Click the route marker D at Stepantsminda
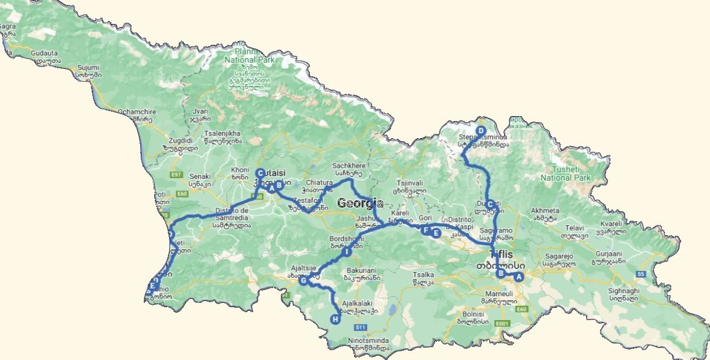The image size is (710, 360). click(481, 130)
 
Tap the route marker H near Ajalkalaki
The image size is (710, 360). click(335, 319)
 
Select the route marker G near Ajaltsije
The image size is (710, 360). click(303, 280)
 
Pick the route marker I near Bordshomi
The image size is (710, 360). click(347, 252)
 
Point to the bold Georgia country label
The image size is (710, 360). click(360, 203)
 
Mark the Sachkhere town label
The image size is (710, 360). click(349, 166)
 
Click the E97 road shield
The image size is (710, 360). click(177, 175)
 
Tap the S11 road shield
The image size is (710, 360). click(360, 327)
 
